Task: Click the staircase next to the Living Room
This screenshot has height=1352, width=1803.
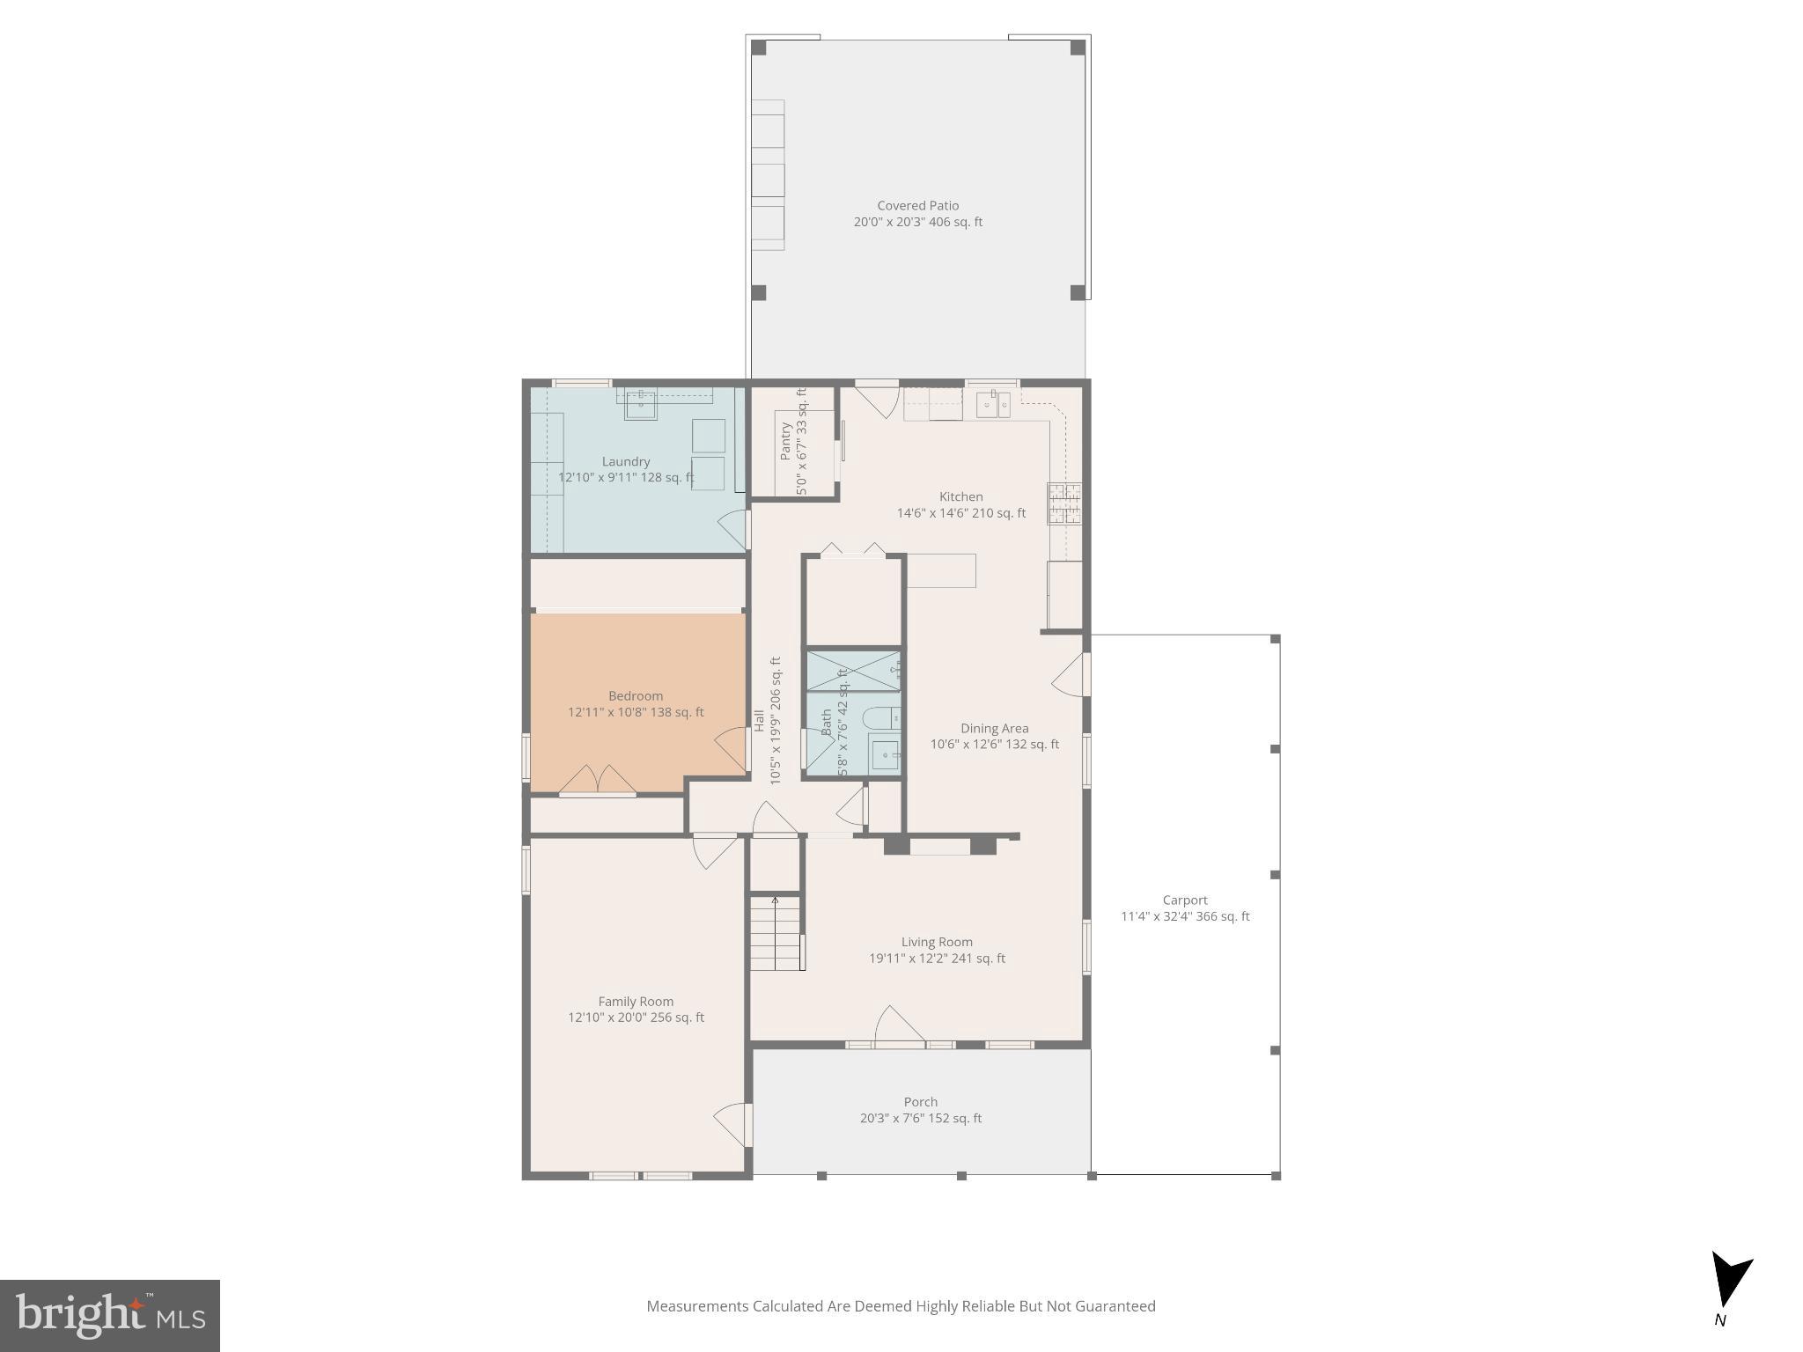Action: pyautogui.click(x=776, y=933)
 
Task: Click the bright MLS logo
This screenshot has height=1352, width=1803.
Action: pyautogui.click(x=110, y=1315)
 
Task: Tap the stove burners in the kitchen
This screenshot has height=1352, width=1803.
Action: pyautogui.click(x=1063, y=504)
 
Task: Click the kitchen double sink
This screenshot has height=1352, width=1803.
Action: pyautogui.click(x=992, y=405)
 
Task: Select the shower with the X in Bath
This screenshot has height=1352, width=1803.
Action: pyautogui.click(x=852, y=671)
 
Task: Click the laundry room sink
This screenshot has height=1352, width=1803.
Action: pyautogui.click(x=640, y=405)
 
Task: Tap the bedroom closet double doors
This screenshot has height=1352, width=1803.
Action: pyautogui.click(x=598, y=780)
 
